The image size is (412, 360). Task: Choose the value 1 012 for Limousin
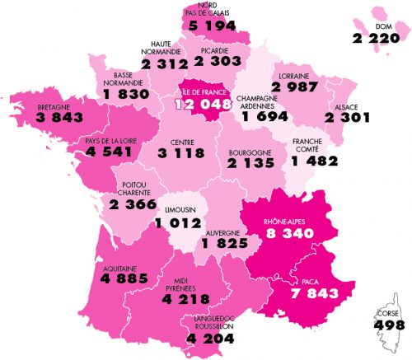pos(180,221)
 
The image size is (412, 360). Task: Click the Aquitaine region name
pos(118,267)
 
